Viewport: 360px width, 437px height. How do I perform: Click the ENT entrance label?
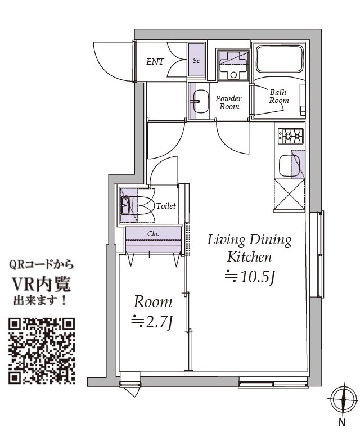(155, 62)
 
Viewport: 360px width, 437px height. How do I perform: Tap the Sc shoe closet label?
(196, 61)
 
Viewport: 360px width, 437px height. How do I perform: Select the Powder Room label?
(229, 102)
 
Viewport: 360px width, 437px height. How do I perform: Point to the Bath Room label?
(278, 96)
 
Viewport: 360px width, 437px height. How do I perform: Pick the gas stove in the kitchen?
(292, 136)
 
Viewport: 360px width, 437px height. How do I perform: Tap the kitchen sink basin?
(290, 165)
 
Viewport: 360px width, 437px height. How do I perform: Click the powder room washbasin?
(201, 101)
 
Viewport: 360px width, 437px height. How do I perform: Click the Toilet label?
(166, 206)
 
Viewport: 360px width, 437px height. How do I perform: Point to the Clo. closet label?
(153, 234)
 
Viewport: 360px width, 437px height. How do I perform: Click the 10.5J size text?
(250, 277)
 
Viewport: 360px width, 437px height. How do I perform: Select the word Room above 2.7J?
(153, 302)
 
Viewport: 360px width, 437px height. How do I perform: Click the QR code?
(42, 350)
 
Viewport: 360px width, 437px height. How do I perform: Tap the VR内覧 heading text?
(40, 285)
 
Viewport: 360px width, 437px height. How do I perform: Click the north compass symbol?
(344, 399)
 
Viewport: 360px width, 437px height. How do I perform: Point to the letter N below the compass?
(342, 422)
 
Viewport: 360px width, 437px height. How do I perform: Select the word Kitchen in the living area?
(249, 257)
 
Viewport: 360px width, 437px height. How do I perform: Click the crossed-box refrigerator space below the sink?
(290, 194)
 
